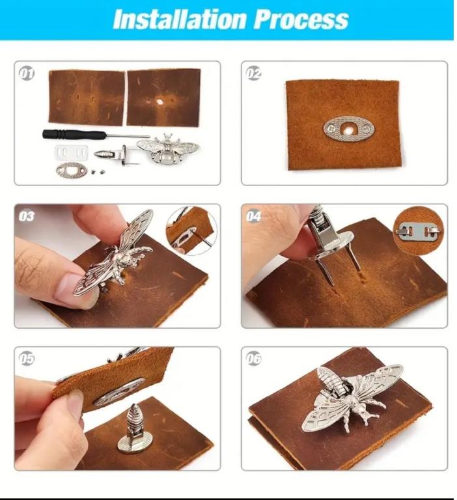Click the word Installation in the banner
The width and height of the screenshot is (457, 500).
click(180, 20)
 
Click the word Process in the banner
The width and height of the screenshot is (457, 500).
click(301, 20)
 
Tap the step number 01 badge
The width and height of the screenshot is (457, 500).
click(27, 74)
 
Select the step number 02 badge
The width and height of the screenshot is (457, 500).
click(253, 74)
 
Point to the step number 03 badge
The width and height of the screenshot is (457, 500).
click(27, 216)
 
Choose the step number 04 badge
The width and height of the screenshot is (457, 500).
click(253, 216)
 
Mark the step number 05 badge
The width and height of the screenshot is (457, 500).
click(27, 359)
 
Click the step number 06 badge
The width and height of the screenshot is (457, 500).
click(253, 359)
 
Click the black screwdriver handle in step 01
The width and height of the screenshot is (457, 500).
click(74, 134)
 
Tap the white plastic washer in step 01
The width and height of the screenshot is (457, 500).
click(71, 153)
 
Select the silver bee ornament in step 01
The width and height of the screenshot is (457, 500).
click(169, 148)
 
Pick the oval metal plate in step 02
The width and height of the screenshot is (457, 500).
click(348, 128)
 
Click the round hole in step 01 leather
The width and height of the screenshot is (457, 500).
click(159, 102)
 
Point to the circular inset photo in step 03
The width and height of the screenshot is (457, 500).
click(191, 230)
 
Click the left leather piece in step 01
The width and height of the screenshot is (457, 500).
click(86, 97)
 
